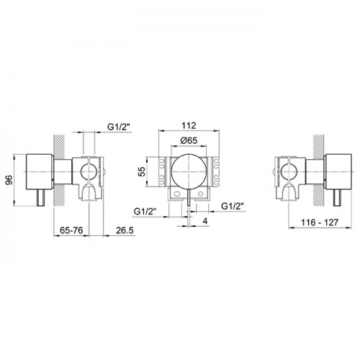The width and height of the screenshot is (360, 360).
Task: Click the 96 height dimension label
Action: coord(9,180)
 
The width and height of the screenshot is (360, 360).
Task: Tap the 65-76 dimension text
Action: coord(71,230)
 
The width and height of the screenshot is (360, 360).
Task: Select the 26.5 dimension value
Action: coord(125,230)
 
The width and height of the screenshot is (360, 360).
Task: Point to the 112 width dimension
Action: coord(189,125)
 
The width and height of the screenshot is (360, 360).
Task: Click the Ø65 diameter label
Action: coord(189,140)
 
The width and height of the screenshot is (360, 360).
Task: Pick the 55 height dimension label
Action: coord(143,171)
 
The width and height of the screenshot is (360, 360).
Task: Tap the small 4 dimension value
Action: coord(204,221)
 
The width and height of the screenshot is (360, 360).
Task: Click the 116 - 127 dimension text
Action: coord(320,222)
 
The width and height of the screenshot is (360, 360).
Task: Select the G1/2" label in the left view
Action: coord(120,127)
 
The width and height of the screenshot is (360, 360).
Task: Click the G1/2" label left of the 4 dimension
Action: coord(145,212)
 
